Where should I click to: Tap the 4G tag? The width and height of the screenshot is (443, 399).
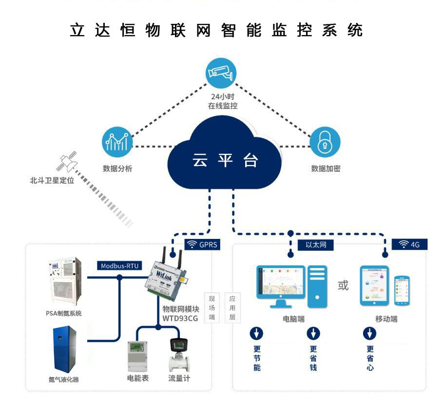coord(409,245)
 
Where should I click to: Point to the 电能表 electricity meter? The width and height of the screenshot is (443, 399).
coord(137,356)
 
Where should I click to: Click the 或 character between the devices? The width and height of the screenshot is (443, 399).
coord(343,285)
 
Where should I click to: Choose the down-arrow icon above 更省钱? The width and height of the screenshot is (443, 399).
coord(313,333)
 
